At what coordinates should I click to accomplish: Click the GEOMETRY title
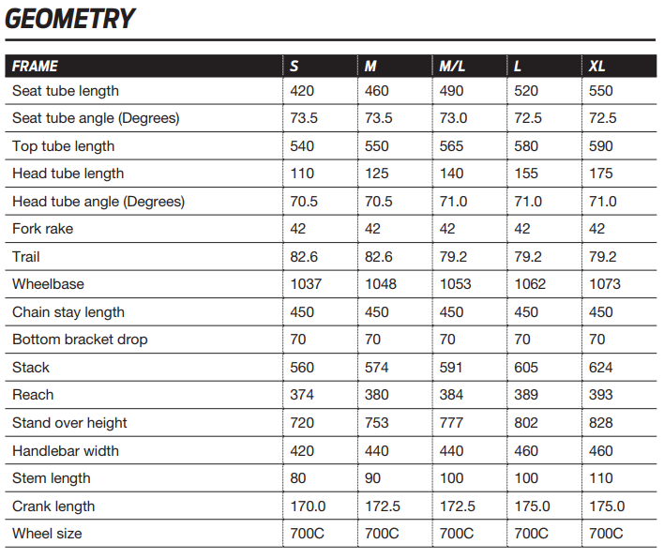click(70, 19)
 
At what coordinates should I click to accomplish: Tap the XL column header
click(597, 67)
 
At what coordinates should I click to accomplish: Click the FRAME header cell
click(36, 67)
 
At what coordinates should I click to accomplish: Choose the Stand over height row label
click(69, 423)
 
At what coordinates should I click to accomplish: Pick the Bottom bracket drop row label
click(80, 340)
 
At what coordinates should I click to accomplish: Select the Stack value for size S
click(302, 368)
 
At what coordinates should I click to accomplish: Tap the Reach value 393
click(600, 395)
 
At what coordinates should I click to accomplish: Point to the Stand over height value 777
click(452, 423)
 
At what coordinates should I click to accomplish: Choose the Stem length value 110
click(600, 478)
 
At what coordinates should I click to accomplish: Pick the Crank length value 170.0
click(309, 506)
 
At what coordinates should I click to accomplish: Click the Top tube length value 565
click(452, 146)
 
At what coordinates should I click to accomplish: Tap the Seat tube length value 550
click(600, 91)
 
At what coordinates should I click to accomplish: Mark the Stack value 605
click(527, 368)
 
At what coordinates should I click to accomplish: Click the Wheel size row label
click(47, 534)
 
